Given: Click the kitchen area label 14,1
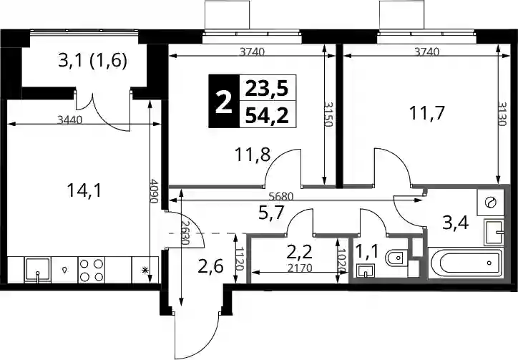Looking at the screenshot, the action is (85, 191).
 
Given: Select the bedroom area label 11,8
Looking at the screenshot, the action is (253, 155).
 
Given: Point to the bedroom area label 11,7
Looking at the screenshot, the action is (427, 113).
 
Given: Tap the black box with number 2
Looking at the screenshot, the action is (223, 101).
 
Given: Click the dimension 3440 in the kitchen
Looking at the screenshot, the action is (69, 120).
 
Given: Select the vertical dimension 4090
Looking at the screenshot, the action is (153, 191).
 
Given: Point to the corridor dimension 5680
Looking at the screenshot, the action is (281, 197).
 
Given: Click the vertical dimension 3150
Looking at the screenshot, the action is (328, 114).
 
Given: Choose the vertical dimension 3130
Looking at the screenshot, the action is (502, 114).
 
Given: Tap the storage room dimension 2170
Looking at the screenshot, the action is (300, 268).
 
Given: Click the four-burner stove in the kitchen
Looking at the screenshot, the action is (92, 270).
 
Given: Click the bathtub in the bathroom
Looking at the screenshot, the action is (465, 263).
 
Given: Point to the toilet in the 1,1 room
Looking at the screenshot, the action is (397, 258).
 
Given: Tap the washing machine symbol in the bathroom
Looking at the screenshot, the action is (490, 203).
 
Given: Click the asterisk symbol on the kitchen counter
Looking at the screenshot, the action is (145, 271).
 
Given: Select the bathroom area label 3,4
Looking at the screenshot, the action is (456, 224).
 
